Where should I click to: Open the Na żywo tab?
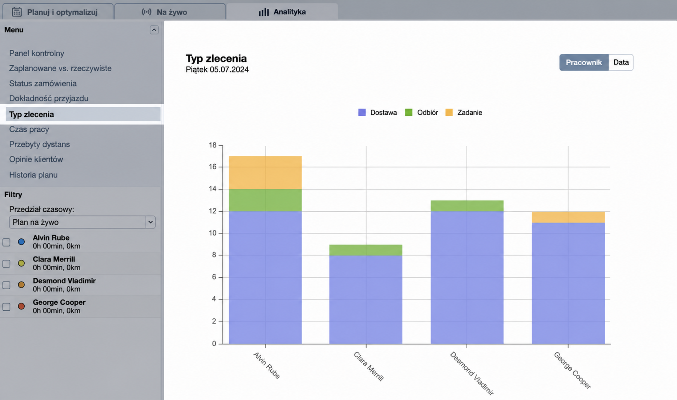(x=170, y=12)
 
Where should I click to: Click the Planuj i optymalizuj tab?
(x=58, y=12)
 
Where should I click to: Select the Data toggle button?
(x=621, y=62)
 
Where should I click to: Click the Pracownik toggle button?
(x=584, y=62)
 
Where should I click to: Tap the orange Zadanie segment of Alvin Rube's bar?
(x=265, y=172)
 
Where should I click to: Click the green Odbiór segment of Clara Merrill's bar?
(x=366, y=250)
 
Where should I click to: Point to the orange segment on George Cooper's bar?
(x=568, y=217)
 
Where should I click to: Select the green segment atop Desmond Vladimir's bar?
(x=467, y=206)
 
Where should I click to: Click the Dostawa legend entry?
(x=377, y=112)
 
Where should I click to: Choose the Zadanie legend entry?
(x=464, y=112)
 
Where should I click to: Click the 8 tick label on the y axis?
(x=214, y=255)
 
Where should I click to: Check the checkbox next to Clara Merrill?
(x=6, y=264)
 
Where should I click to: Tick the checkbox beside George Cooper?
(x=6, y=307)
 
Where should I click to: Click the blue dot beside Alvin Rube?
(x=21, y=242)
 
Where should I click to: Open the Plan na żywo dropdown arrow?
(x=151, y=222)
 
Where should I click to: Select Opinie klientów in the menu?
(x=36, y=159)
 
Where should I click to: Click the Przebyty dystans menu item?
(x=39, y=144)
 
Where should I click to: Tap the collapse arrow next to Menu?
(x=154, y=30)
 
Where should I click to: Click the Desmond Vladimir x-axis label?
(x=472, y=373)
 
